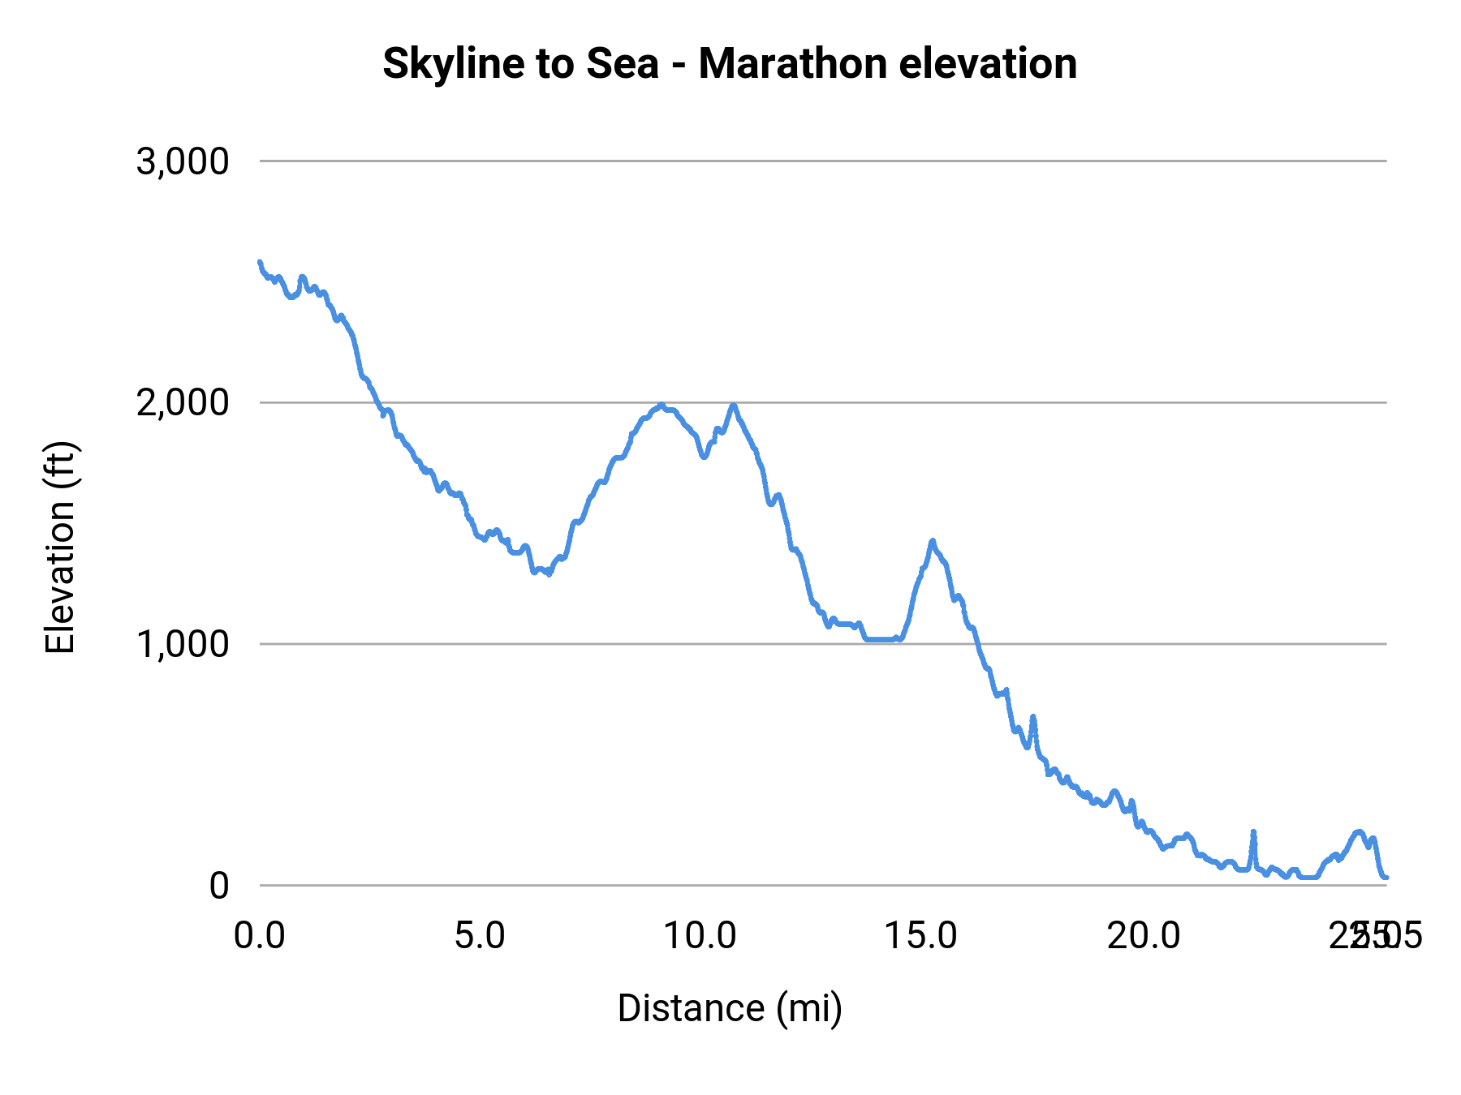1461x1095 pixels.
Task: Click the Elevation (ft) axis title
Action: (61, 547)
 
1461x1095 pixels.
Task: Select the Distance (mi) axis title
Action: (730, 1009)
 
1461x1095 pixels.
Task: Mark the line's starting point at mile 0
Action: (260, 262)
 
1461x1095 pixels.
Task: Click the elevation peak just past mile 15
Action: (933, 540)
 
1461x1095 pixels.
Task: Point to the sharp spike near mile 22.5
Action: (1253, 832)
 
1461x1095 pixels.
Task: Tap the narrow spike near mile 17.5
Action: (1033, 717)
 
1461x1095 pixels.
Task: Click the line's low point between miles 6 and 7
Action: (549, 573)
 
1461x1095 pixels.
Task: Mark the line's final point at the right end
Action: (1386, 878)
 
